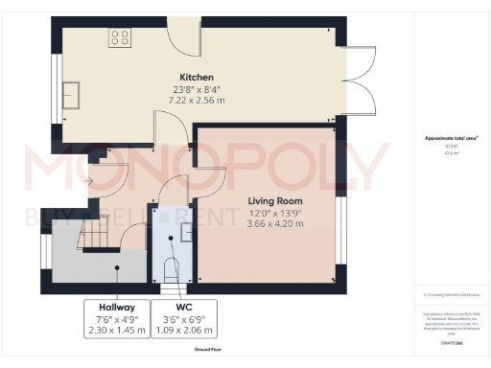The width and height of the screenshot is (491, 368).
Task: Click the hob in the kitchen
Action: coord(121,38)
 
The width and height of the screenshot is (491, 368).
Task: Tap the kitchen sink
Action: coord(72,94)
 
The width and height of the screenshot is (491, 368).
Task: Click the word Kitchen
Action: coord(196,77)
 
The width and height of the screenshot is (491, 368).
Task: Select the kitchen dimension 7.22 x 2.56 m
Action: coord(196,99)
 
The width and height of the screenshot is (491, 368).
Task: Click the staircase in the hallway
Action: coord(96,233)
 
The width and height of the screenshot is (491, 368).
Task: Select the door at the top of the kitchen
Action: coord(183,38)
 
